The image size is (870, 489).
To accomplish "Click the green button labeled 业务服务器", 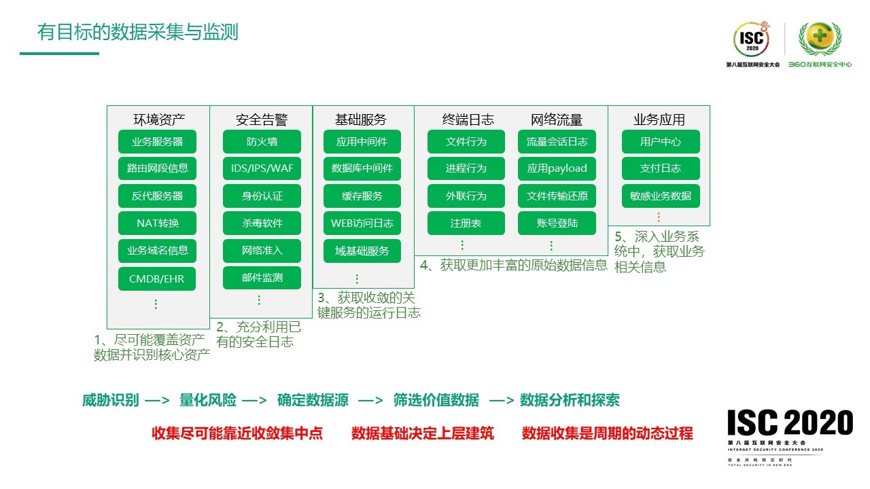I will tap(157, 142).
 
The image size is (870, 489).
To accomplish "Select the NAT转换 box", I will tap(157, 223).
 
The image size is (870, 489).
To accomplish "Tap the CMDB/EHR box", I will tap(157, 278).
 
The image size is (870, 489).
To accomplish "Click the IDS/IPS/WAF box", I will tap(262, 168).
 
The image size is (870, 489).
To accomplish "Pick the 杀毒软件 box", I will tap(262, 223).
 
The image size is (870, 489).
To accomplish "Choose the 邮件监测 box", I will tap(262, 278).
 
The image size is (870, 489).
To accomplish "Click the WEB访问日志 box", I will tap(362, 223).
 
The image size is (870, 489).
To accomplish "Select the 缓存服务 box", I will tap(362, 196).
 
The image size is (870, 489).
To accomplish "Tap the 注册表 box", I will tap(466, 223).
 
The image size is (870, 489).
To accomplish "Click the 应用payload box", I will tap(557, 168).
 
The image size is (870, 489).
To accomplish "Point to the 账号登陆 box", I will tap(557, 223).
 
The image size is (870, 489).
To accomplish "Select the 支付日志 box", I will tap(661, 168).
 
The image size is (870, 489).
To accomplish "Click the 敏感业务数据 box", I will tap(661, 196).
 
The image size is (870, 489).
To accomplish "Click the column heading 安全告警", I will tap(262, 120).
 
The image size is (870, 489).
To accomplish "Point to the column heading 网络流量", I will tap(557, 120).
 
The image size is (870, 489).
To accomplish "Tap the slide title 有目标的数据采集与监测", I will tap(138, 33).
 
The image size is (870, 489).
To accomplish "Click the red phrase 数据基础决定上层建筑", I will tap(423, 433).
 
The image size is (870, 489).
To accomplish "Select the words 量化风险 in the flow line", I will tap(208, 401).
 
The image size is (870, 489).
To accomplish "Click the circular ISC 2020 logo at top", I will tap(752, 41).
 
